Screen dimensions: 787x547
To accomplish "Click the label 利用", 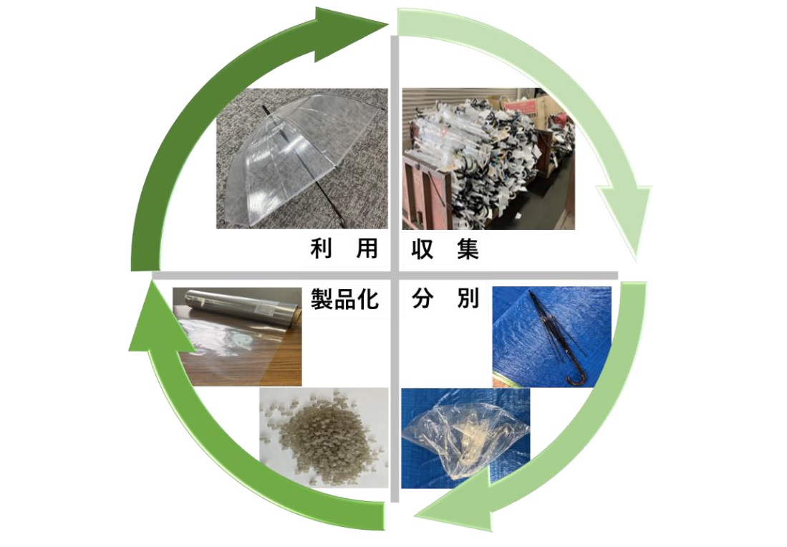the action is [x=344, y=248].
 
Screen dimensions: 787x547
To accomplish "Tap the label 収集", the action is [x=445, y=248].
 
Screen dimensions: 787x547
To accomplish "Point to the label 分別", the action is [x=445, y=298].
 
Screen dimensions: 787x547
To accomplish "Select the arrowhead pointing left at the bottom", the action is [x=454, y=503].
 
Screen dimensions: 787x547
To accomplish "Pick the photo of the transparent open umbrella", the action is [x=301, y=158].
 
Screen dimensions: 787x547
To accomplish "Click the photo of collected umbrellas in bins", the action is [x=488, y=158].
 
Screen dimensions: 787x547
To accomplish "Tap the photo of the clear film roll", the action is [x=238, y=336].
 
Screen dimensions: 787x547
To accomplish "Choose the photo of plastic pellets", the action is [x=324, y=437].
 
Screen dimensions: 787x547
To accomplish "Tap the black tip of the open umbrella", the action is [x=263, y=110].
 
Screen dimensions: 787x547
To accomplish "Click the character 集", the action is [x=468, y=248].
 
